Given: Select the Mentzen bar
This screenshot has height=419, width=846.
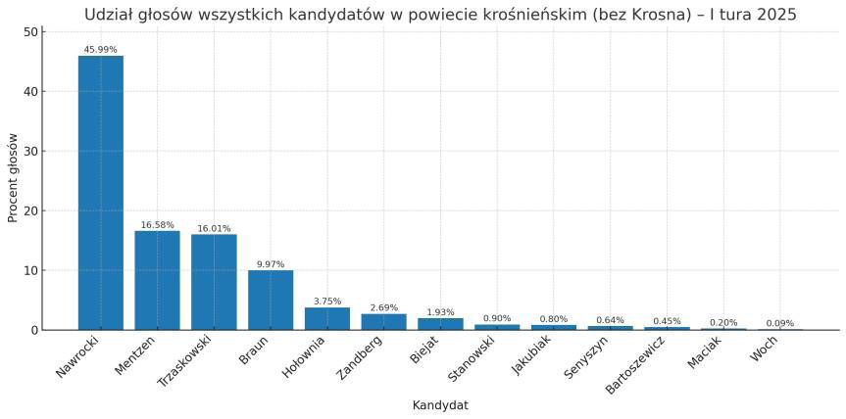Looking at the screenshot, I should pos(157,280).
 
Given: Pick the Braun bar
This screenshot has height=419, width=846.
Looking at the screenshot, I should pos(271,300).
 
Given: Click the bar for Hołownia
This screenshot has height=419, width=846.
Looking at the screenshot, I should pos(327,319).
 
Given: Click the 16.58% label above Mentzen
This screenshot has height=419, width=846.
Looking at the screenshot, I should pos(157,225).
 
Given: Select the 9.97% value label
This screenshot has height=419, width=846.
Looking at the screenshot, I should pos(271,264).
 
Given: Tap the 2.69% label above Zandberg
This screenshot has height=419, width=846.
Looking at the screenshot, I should pos(383,307).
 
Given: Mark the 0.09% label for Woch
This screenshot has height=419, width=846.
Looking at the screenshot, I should pos(780,323).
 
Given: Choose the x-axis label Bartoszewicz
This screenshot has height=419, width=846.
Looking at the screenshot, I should pos(635,365).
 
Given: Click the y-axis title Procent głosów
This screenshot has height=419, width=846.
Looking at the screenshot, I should pos(14,178).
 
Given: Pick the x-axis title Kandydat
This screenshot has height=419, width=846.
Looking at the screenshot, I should pos(440,405).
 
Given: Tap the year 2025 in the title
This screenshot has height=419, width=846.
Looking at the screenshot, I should pos(776,15).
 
